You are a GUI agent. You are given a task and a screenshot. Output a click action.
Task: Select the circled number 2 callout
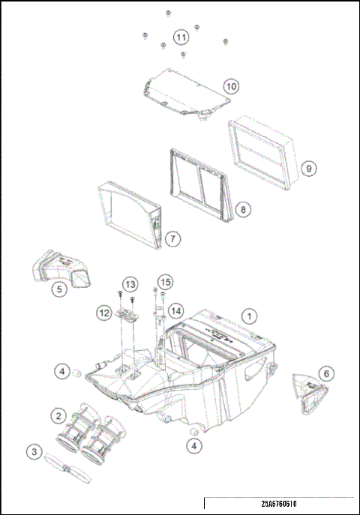57,414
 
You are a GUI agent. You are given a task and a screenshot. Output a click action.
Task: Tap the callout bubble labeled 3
34,451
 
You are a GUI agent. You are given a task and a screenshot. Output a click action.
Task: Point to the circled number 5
58,287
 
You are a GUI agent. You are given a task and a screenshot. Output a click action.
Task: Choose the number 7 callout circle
172,239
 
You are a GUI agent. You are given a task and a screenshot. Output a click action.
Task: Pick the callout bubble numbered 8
241,210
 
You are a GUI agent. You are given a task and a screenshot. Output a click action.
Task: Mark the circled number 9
308,168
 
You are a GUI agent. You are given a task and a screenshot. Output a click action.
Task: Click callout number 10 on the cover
230,87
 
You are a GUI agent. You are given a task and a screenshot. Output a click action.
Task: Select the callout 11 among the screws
180,36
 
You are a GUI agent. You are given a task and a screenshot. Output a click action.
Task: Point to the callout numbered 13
130,284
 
